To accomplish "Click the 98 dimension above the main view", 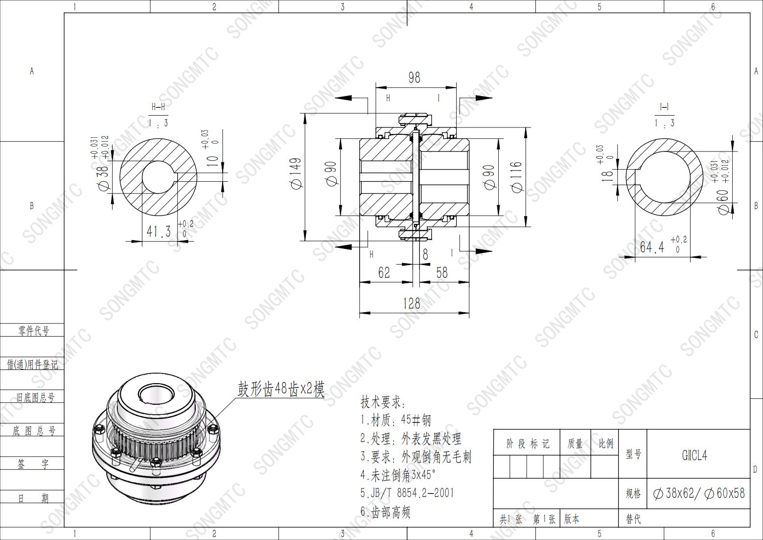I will pos(414,77).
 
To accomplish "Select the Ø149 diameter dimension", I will pos(296,173).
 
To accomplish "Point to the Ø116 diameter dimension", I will pos(517,177).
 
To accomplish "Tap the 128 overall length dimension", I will pos(411,304).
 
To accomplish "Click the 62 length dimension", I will pos(384,272).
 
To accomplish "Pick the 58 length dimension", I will pos(441,272).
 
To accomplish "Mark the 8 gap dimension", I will pos(425,254).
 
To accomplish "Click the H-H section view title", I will pos(158,107).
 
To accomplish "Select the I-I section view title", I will pos(664,107).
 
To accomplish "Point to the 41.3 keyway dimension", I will pos(159,231).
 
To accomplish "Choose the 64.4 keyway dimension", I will pos(652,246).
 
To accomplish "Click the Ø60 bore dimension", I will pos(723,201).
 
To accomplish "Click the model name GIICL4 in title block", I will pos(694,455).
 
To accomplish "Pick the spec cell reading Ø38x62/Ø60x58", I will pos(699,493).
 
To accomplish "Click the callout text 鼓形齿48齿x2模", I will pos(281,390).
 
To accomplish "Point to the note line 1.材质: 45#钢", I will pos(395,420).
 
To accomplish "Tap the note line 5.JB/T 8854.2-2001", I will pos(407,492).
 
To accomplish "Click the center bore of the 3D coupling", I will pos(153,393).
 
